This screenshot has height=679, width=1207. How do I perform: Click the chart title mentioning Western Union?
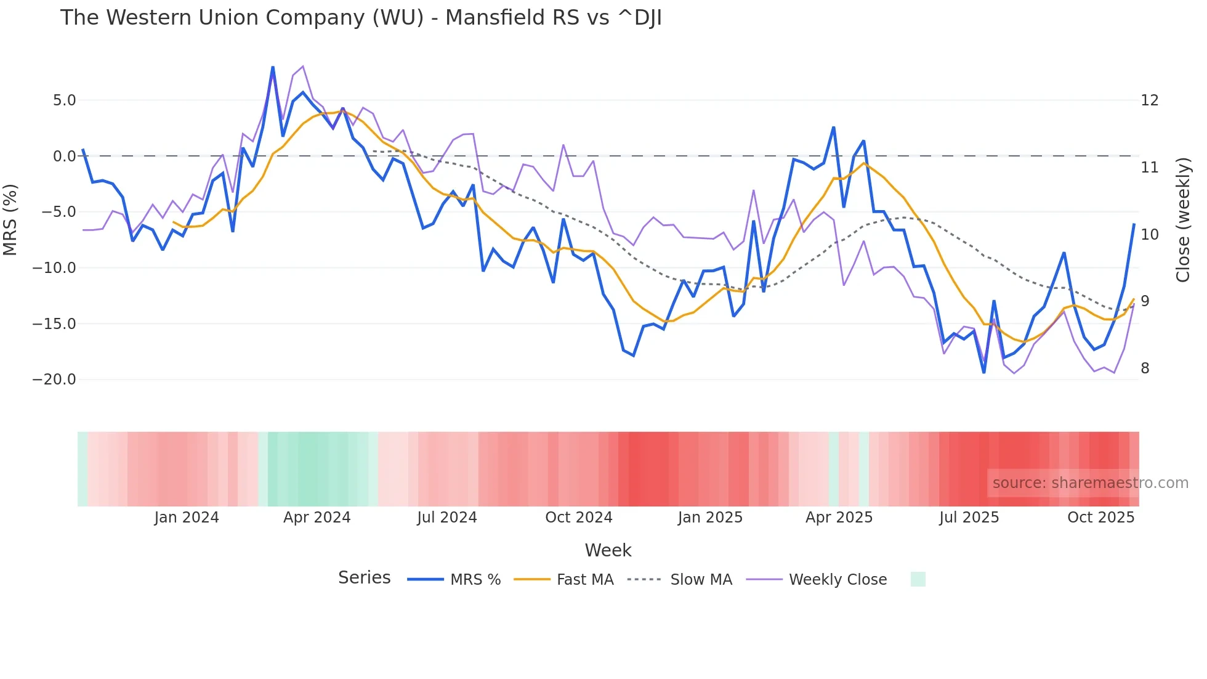click(x=361, y=18)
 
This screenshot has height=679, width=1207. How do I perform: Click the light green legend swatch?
click(x=918, y=579)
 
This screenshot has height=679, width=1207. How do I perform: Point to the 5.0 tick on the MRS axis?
click(x=64, y=100)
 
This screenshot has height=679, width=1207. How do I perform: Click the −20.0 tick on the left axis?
click(x=54, y=380)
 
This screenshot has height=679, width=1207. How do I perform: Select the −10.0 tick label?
click(x=54, y=268)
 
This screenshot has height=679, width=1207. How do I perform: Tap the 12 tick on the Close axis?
click(x=1149, y=100)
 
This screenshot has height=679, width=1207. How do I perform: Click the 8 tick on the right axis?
click(x=1145, y=368)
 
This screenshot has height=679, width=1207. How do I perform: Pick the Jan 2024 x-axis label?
click(x=187, y=518)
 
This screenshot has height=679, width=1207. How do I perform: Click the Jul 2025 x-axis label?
click(x=969, y=518)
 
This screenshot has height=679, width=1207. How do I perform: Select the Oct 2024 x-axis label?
click(x=579, y=518)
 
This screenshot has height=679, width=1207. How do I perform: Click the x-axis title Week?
click(x=608, y=550)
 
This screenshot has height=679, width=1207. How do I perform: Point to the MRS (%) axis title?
click(x=10, y=220)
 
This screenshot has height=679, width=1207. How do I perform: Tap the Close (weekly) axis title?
click(x=1182, y=220)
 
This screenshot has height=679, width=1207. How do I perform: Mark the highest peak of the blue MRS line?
click(x=273, y=67)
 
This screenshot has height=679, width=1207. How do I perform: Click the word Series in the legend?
click(x=364, y=578)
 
